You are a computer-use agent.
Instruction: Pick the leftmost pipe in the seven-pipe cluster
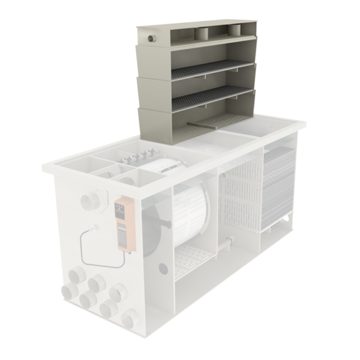click(69, 292)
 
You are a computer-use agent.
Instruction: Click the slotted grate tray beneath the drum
click(192, 257)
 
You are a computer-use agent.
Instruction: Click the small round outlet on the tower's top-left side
click(151, 38)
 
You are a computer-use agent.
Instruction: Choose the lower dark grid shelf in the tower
click(210, 97)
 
